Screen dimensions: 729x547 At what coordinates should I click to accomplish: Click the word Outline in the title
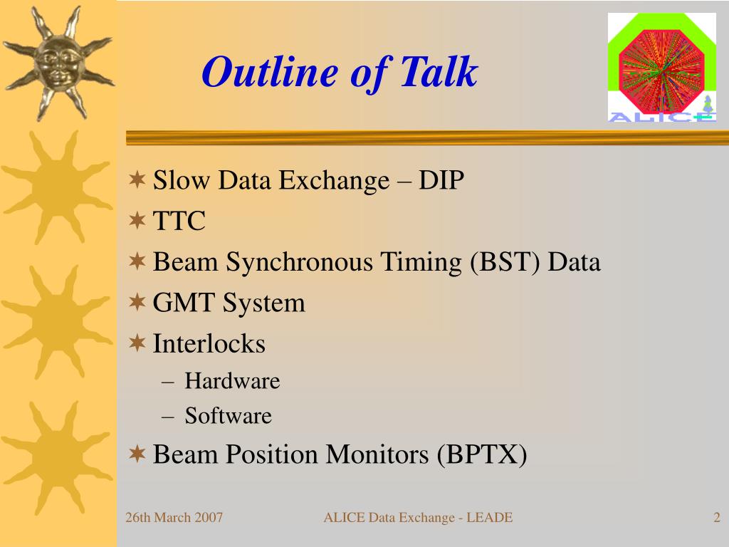[270, 71]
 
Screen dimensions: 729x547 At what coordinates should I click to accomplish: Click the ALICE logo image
[661, 68]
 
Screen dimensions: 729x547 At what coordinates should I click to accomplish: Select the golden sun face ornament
[58, 63]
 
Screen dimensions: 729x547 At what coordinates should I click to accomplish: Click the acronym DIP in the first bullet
[441, 180]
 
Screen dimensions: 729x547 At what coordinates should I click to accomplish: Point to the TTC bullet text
[179, 221]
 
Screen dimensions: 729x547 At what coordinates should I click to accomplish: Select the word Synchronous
[300, 262]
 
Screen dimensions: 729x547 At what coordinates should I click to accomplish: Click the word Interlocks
[209, 343]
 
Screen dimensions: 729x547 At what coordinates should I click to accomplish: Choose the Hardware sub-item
[233, 381]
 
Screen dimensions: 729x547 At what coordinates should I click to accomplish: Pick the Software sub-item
[229, 415]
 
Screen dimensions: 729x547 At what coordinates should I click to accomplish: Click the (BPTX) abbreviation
[482, 454]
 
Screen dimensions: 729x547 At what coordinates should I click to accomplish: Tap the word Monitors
[377, 454]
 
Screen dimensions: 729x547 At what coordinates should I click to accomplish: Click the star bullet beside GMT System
[137, 302]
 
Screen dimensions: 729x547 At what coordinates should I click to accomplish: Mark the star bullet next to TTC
[137, 220]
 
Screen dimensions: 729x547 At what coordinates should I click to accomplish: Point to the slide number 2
[717, 517]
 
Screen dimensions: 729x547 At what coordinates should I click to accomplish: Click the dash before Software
[168, 417]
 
